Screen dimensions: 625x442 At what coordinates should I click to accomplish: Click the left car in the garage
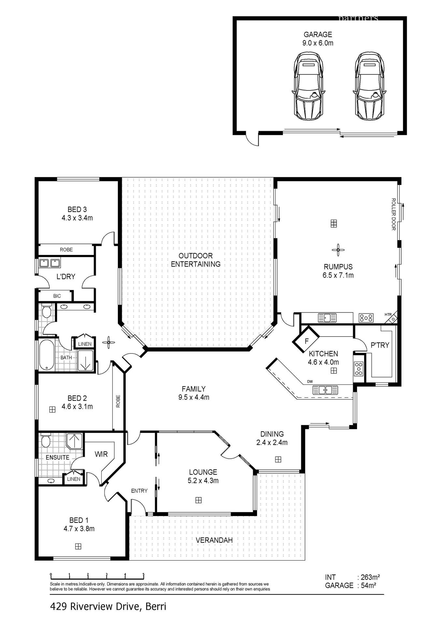point(308,87)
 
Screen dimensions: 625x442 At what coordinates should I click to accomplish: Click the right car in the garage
point(369,87)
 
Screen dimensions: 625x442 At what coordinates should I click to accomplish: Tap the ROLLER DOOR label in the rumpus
point(393,214)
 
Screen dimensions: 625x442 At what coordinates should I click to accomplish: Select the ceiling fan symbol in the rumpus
point(338,250)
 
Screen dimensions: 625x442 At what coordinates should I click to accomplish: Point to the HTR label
point(388,314)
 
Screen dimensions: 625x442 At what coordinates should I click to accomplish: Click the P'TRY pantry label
point(380,345)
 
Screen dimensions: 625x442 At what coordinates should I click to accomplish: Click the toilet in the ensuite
point(46,441)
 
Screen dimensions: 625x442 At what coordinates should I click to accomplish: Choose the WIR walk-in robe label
point(101,454)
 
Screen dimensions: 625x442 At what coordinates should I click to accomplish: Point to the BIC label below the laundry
point(57,296)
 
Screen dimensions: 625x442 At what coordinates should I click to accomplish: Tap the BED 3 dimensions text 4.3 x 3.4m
point(77,218)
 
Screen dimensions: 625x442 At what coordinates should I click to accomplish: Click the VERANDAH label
point(214,540)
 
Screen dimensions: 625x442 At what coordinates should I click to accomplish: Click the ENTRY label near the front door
point(139,491)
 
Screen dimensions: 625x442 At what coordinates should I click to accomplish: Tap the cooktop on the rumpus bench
point(366,317)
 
